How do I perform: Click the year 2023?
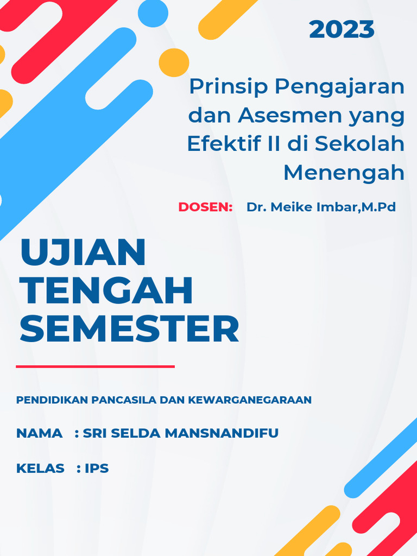click(342, 30)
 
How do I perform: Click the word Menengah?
click(344, 173)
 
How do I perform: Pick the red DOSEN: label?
click(205, 207)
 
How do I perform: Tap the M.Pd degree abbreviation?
click(380, 207)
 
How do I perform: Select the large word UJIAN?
click(83, 252)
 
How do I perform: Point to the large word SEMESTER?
click(130, 328)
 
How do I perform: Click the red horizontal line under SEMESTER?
click(95, 367)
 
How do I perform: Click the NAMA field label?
click(39, 433)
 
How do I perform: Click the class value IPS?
click(97, 468)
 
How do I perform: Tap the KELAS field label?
click(40, 468)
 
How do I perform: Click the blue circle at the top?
click(153, 12)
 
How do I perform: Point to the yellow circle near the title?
click(174, 62)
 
